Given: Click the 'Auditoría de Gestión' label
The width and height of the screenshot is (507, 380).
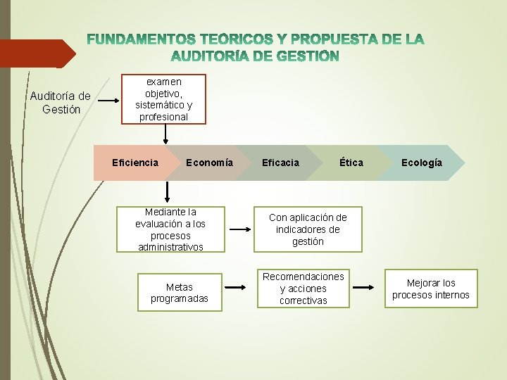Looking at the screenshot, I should coord(60,103).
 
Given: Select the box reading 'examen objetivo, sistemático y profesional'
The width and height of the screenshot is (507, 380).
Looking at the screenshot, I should coord(163,99).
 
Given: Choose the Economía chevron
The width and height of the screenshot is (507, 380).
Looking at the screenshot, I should coord(209,163).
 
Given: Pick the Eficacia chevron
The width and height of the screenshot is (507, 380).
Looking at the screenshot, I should coord(280,163).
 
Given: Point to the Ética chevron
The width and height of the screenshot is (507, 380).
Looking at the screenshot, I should coord(351,163).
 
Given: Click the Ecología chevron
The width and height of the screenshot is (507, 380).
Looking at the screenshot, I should coord(422,163).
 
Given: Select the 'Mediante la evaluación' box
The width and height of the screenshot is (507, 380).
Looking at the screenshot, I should coord(170,229).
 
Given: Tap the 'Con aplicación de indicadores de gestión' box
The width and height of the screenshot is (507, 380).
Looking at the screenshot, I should coord(308,229).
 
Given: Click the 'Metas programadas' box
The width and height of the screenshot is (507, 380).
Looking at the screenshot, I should coord(179,292).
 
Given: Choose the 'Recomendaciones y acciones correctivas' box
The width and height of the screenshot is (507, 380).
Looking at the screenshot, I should coord(303,289).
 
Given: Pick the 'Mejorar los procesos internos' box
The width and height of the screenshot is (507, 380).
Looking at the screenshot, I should coord(430,289).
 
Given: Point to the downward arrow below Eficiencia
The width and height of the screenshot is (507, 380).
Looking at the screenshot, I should coord(168,191).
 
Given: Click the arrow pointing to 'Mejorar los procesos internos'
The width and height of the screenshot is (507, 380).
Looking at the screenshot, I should coord(363,287).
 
